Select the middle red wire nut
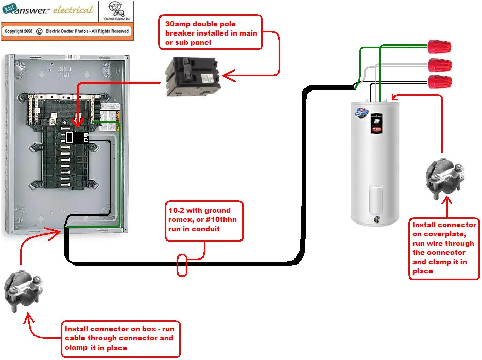pos(440,65)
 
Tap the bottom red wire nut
pos(440,81)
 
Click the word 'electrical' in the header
pos(73,10)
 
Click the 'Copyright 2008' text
pos(19,31)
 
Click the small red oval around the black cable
pos(182,265)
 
